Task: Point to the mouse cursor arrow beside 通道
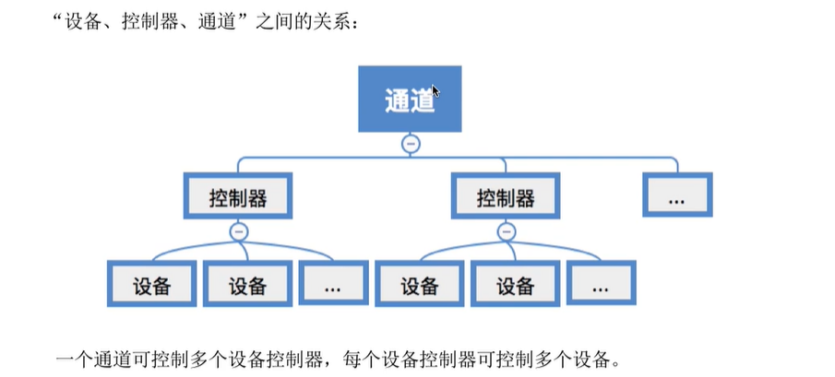tap(435, 91)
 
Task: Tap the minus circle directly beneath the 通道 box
tap(412, 144)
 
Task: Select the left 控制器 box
tap(238, 197)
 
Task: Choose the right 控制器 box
tap(506, 197)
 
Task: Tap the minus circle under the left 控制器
tap(239, 231)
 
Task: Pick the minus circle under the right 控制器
tap(505, 231)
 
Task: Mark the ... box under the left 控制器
tap(334, 285)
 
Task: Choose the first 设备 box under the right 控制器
tap(419, 285)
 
